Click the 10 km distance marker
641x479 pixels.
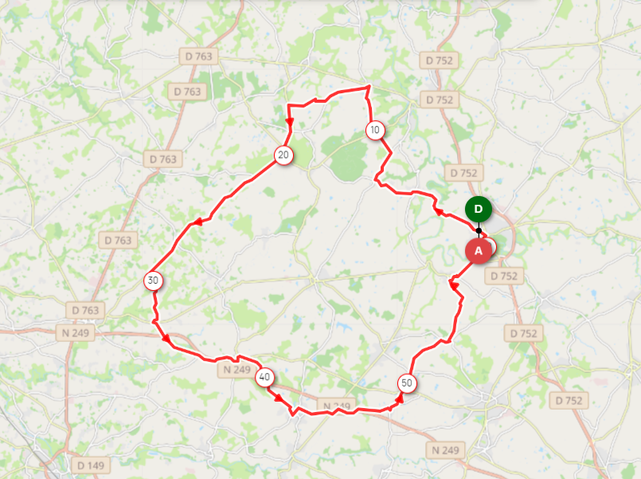point(375,130)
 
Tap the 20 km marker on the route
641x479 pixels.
point(283,155)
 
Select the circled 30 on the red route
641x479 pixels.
point(153,281)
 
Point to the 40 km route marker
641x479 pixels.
point(265,378)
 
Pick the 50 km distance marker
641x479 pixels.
point(407,383)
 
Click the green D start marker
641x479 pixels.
point(479,209)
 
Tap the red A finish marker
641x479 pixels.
point(479,250)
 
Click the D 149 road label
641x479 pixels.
point(91,465)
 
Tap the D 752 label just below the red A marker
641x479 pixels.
point(503,276)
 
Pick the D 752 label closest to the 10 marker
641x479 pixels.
point(439,100)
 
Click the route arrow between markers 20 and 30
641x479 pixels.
point(195,223)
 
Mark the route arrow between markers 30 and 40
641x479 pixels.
point(166,340)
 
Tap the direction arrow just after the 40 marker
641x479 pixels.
point(279,396)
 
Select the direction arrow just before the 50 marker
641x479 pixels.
point(399,397)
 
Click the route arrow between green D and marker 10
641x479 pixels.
point(437,210)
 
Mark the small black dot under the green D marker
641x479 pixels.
point(479,230)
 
